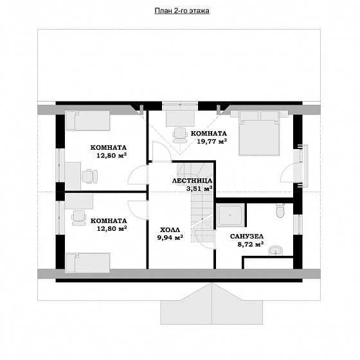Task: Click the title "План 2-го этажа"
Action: (182, 11)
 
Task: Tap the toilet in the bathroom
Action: (280, 211)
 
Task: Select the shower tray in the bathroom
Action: (230, 215)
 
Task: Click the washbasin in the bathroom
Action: (276, 251)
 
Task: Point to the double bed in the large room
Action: (259, 133)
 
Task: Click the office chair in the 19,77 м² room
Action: (180, 136)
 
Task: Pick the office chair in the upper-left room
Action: (90, 176)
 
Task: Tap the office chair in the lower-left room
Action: (79, 218)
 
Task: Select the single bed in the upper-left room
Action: (87, 121)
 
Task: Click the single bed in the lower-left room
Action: (87, 263)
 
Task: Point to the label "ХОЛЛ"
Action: (170, 230)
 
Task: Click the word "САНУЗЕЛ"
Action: (247, 237)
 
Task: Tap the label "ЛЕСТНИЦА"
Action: (192, 181)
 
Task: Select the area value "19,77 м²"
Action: (212, 141)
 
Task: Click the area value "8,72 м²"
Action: (251, 244)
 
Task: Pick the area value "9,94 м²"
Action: (170, 237)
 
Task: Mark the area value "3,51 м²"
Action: (199, 188)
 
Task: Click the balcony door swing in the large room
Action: (287, 172)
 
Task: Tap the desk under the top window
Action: (180, 118)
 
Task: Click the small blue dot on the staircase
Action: (203, 219)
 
